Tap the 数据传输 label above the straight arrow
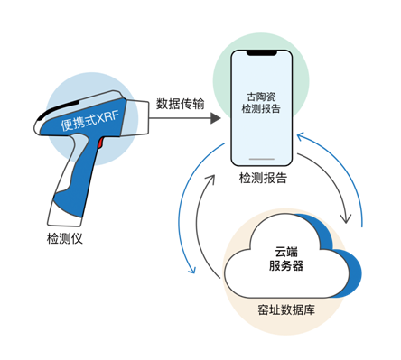[x=180, y=103]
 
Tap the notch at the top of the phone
[x=263, y=56]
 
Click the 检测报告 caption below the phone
[x=263, y=179]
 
